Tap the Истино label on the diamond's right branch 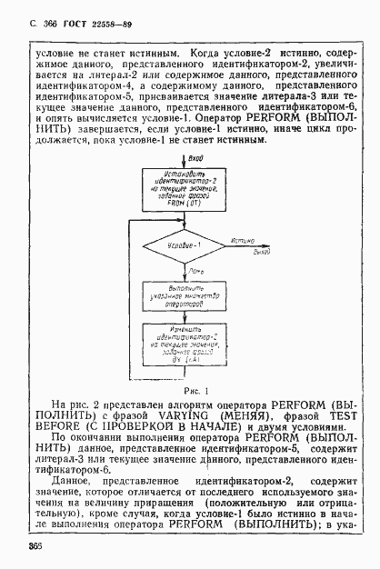(242, 241)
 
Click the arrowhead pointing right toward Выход (267, 246)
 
